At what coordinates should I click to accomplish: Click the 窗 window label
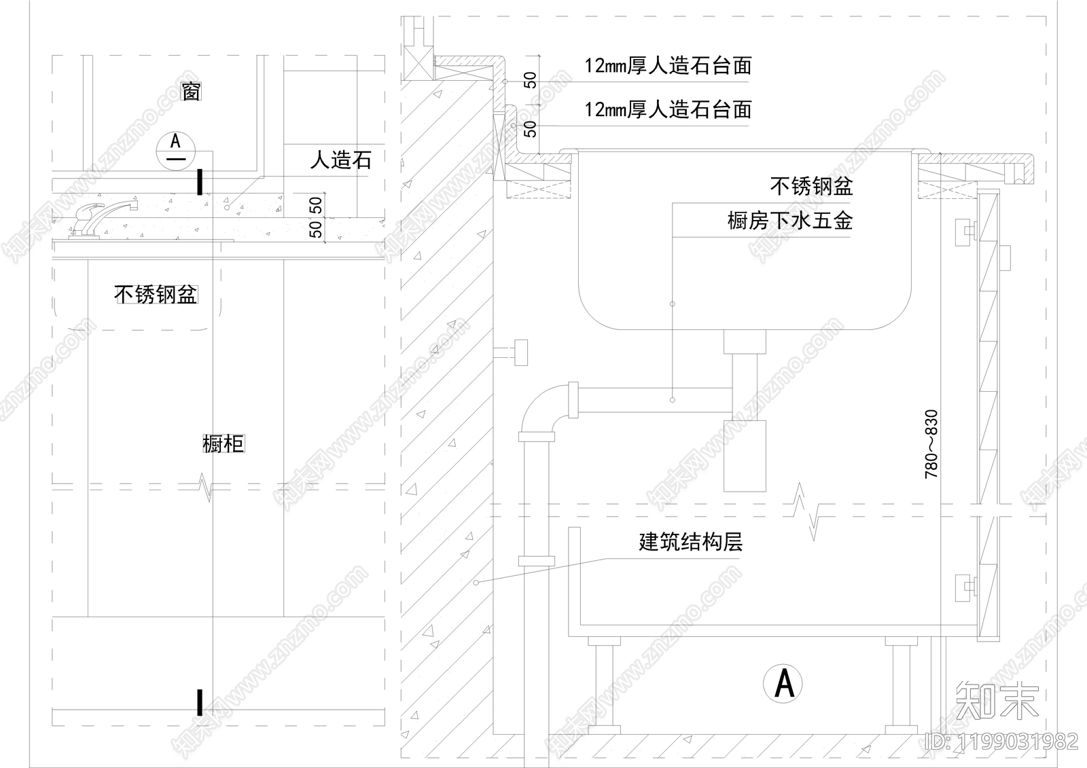pyautogui.click(x=191, y=91)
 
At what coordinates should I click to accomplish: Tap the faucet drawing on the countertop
pyautogui.click(x=102, y=217)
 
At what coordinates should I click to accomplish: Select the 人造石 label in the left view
pyautogui.click(x=340, y=160)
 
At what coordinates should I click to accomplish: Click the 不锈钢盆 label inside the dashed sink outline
pyautogui.click(x=156, y=295)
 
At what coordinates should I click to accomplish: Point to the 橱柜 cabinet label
pyautogui.click(x=223, y=444)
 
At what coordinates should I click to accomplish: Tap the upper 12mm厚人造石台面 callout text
pyautogui.click(x=668, y=66)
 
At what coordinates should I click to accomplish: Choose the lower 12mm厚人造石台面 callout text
pyautogui.click(x=668, y=109)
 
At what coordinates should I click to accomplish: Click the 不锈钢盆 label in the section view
pyautogui.click(x=811, y=185)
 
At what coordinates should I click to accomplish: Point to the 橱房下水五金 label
pyautogui.click(x=789, y=221)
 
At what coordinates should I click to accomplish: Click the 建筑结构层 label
pyautogui.click(x=690, y=542)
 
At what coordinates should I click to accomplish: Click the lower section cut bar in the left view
pyautogui.click(x=200, y=702)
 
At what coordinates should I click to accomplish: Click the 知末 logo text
pyautogui.click(x=997, y=700)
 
